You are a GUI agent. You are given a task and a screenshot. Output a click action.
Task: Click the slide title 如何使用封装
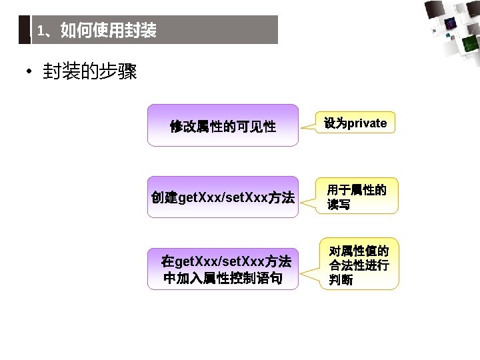(x=108, y=31)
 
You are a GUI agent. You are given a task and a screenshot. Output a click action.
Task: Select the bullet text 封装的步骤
(x=89, y=72)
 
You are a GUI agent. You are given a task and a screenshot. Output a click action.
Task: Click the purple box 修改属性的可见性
(x=223, y=125)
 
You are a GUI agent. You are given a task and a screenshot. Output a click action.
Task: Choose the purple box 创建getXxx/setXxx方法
(x=223, y=197)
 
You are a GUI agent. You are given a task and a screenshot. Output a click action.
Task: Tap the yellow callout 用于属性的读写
(x=357, y=197)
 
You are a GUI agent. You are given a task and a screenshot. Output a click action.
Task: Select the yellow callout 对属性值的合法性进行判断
(x=360, y=265)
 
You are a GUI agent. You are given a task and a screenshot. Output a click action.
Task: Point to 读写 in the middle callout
(x=339, y=205)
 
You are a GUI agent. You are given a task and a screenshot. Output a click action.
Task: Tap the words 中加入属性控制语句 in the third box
(x=223, y=278)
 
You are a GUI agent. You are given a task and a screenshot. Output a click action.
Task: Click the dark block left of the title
(x=24, y=30)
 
